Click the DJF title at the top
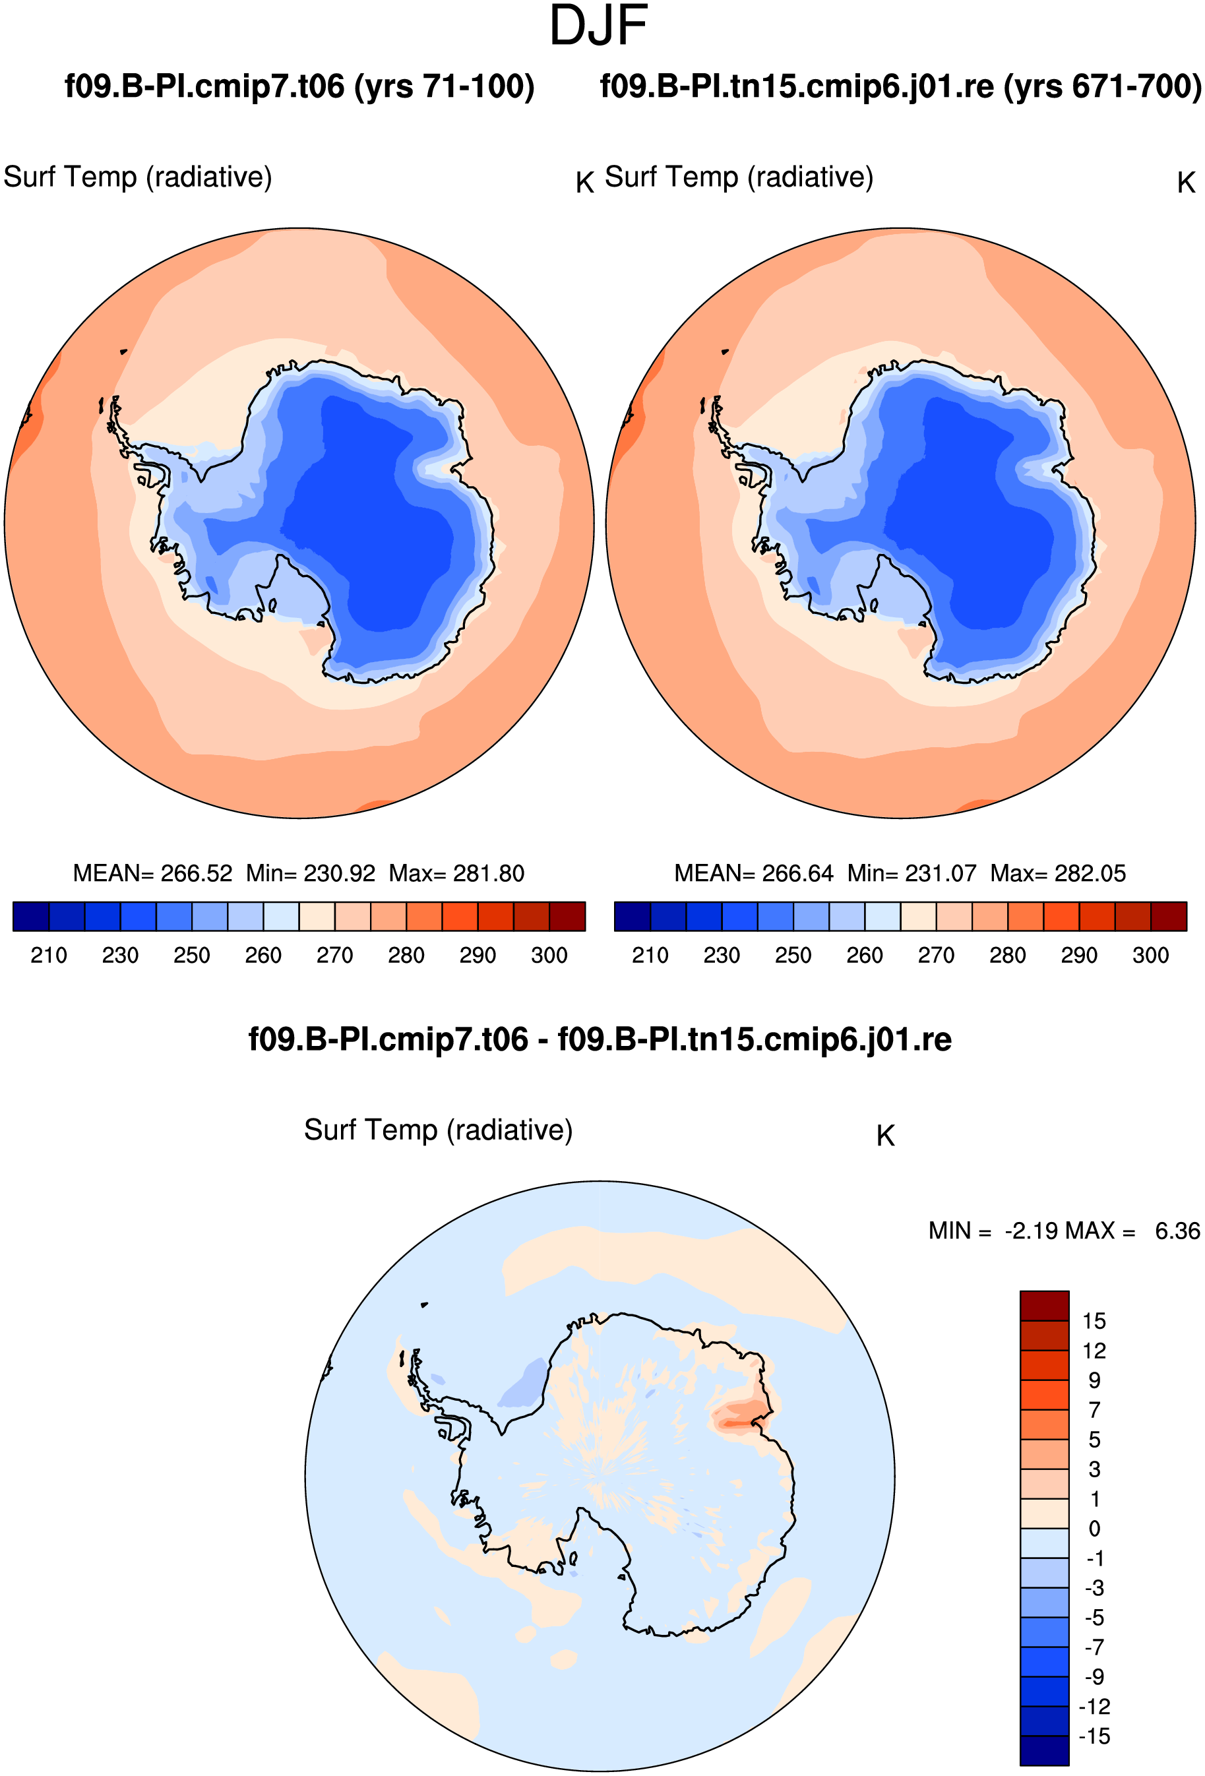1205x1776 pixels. (598, 25)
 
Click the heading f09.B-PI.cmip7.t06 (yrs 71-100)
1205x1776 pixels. (299, 86)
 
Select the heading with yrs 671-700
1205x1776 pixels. (901, 86)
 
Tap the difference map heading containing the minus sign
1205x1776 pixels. (600, 1039)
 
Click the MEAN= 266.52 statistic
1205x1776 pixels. (152, 873)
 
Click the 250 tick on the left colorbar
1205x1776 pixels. (192, 955)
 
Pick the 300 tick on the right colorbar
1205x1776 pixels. (1150, 955)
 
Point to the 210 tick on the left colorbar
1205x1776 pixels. (48, 955)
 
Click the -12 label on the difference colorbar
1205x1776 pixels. (1094, 1707)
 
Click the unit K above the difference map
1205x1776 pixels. (886, 1136)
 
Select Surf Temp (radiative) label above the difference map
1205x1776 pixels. (438, 1130)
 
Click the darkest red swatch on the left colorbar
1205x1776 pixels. (567, 916)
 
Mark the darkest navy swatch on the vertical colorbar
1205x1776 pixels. (1044, 1751)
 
